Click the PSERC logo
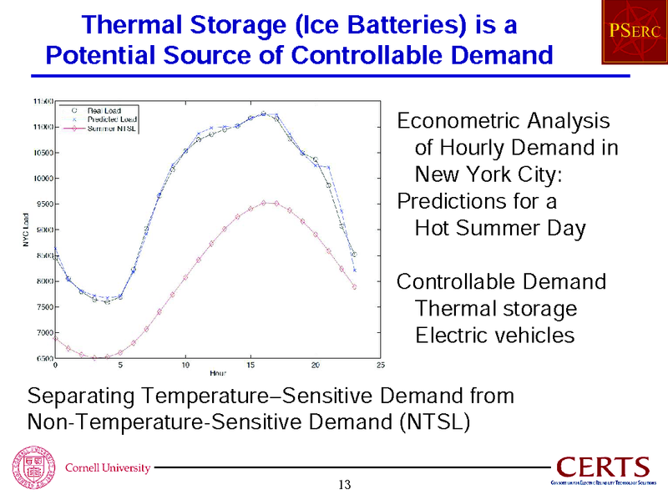click(x=633, y=33)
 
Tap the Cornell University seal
click(x=28, y=466)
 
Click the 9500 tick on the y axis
click(x=42, y=204)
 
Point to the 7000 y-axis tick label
click(x=42, y=333)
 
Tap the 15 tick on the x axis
click(x=250, y=365)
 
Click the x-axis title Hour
click(x=218, y=373)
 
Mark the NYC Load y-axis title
click(x=27, y=229)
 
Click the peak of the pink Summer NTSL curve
click(x=264, y=202)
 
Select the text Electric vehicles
click(x=495, y=336)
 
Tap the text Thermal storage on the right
click(x=495, y=309)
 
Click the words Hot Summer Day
click(x=499, y=229)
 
